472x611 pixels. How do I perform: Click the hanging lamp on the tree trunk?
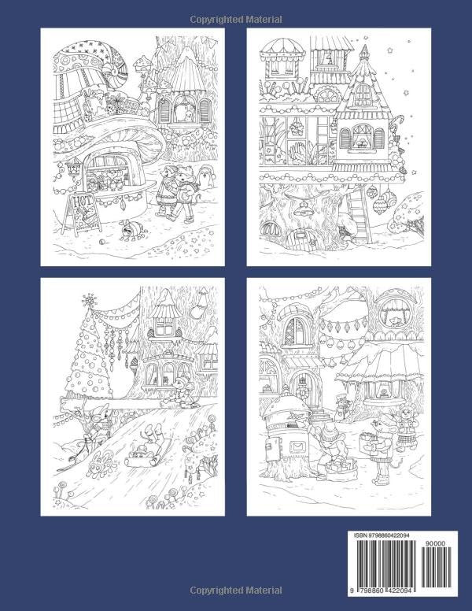(x=304, y=208)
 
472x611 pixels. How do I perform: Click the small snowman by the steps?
(x=340, y=405)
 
